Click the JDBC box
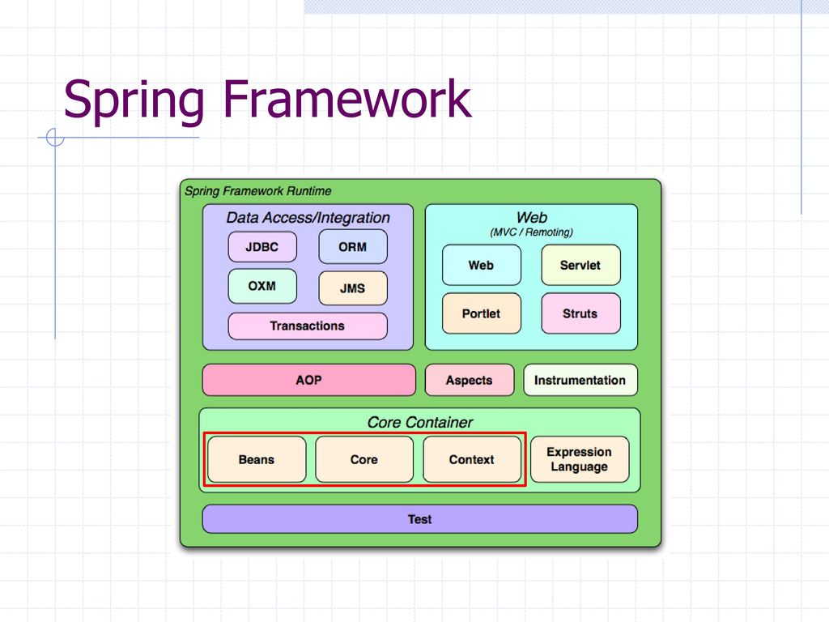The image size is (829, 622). click(x=262, y=247)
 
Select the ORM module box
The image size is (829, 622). click(x=353, y=247)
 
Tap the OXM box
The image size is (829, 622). click(x=262, y=286)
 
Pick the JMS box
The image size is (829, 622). click(x=353, y=288)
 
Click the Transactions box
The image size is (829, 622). click(x=308, y=326)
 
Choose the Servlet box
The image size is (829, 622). click(x=580, y=265)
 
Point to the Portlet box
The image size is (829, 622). click(x=482, y=313)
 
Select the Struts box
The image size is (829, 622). click(x=580, y=313)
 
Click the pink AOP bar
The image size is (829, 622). click(x=308, y=380)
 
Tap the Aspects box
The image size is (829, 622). click(x=470, y=380)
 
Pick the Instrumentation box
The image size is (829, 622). click(x=580, y=380)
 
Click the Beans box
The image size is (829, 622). click(x=257, y=459)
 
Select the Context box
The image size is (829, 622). click(x=472, y=459)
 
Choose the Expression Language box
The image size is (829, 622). click(x=580, y=459)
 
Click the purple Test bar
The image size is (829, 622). click(x=420, y=519)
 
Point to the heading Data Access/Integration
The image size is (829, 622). click(x=308, y=217)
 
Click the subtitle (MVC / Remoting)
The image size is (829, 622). click(x=531, y=232)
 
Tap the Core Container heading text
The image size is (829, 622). click(x=420, y=422)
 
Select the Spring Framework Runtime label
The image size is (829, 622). click(x=258, y=191)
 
